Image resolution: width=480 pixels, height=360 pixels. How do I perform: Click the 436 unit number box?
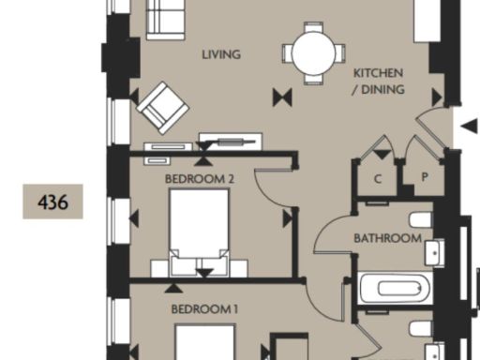coord(52,201)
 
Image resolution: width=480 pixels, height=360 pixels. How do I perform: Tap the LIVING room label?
coord(221,54)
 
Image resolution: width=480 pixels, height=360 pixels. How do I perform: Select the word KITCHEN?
coord(378,72)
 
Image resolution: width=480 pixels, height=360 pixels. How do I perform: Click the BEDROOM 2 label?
coord(199,177)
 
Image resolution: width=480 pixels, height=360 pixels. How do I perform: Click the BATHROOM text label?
coord(386,238)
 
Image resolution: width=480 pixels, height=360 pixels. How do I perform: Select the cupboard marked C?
coord(377,178)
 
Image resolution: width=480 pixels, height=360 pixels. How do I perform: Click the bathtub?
coord(393,287)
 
